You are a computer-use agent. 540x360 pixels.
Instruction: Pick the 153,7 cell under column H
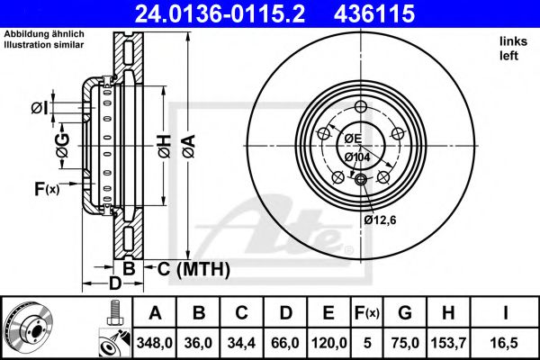point(448,342)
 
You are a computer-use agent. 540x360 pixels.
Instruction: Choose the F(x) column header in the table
point(366,313)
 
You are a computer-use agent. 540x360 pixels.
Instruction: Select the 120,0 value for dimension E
point(328,342)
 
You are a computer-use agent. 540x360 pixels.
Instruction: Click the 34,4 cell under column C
point(242,342)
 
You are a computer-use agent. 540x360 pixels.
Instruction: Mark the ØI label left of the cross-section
point(39,109)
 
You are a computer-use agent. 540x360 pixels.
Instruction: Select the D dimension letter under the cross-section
point(114,284)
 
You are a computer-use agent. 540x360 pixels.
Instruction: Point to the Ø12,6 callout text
point(381,218)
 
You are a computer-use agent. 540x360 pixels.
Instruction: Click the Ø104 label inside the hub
point(357,157)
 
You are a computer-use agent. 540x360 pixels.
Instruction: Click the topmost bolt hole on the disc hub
point(362,109)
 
